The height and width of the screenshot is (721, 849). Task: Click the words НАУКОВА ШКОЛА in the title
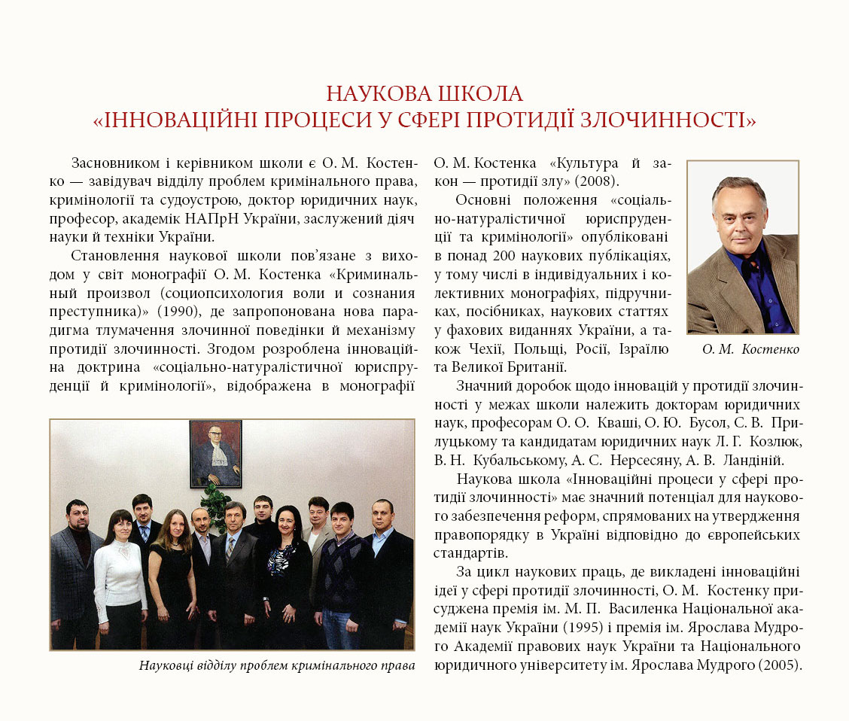(424, 94)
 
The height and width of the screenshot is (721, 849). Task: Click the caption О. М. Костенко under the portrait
(750, 349)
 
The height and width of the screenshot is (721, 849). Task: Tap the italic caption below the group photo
(277, 665)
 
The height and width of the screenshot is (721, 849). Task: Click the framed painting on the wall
(216, 453)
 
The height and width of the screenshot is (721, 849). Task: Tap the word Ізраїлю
(644, 349)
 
